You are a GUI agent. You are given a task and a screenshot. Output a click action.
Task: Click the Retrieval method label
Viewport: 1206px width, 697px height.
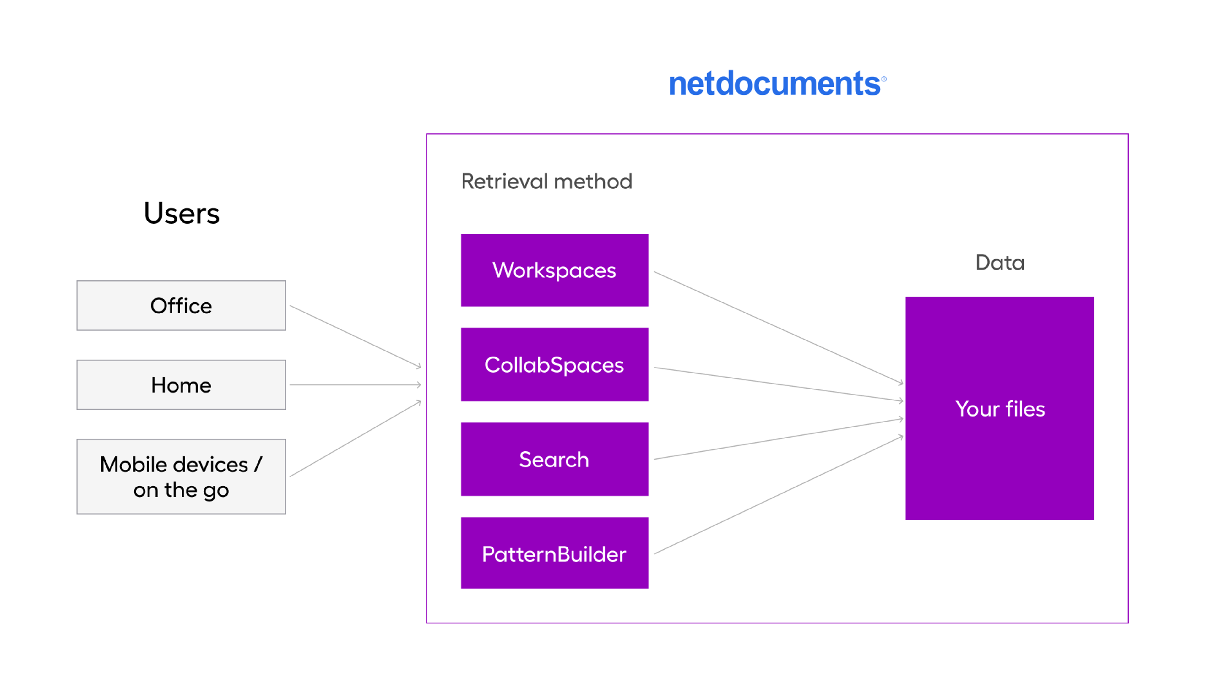pyautogui.click(x=546, y=182)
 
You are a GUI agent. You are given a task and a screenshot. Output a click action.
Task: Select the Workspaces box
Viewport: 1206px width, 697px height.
pyautogui.click(x=554, y=270)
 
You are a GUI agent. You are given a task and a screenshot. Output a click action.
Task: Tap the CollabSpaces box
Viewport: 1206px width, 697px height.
pyautogui.click(x=554, y=365)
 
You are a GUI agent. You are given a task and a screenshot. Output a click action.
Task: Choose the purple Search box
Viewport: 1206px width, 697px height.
pyautogui.click(x=554, y=460)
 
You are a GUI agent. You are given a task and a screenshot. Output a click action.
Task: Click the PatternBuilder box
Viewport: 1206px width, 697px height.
pyautogui.click(x=554, y=554)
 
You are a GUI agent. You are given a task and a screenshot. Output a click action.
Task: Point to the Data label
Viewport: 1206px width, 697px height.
pyautogui.click(x=1000, y=262)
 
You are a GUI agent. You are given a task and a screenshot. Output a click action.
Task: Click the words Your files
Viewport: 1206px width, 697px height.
pyautogui.click(x=1000, y=409)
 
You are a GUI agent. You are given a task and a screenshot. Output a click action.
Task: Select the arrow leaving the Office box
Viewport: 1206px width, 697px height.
pyautogui.click(x=355, y=336)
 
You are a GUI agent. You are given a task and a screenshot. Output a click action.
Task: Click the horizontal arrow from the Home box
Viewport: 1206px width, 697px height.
pyautogui.click(x=355, y=384)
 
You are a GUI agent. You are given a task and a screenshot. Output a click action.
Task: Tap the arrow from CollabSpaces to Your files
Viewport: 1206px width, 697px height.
pyautogui.click(x=778, y=384)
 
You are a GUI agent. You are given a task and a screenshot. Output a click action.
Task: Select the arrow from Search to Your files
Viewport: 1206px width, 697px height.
pyautogui.click(x=778, y=439)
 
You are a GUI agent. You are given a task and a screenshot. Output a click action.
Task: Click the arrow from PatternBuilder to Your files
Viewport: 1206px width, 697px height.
pyautogui.click(x=778, y=495)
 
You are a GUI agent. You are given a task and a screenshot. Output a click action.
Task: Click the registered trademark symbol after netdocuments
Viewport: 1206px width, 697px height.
pyautogui.click(x=883, y=79)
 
